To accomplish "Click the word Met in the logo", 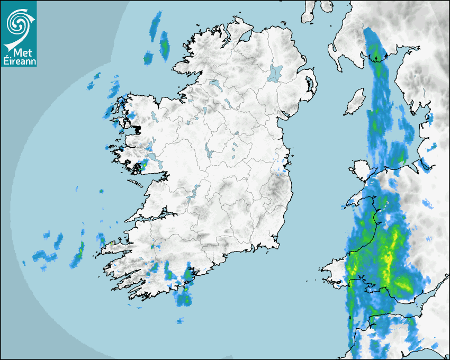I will tap(22, 53).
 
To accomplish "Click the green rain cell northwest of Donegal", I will tap(164, 44).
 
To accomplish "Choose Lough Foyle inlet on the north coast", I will tap(245, 38).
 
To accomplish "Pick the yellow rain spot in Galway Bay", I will tap(142, 167).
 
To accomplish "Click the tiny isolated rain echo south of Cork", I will tap(181, 320).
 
